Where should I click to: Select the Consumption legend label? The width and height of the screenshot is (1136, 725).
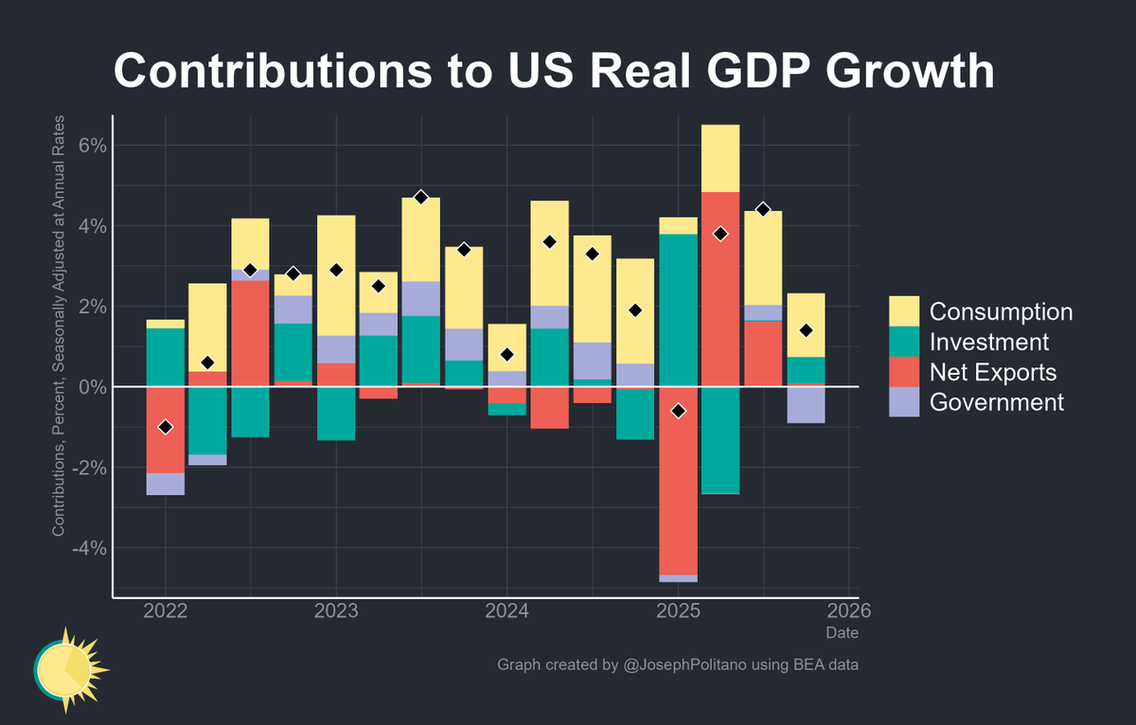point(1001,311)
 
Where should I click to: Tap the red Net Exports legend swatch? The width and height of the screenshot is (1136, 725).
point(904,372)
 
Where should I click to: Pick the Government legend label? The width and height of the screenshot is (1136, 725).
point(996,402)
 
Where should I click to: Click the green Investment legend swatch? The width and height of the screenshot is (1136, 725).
point(904,342)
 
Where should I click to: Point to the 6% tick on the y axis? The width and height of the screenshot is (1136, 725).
point(84,146)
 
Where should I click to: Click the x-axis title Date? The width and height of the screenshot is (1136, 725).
point(842,632)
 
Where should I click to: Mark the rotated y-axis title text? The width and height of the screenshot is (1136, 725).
point(59,327)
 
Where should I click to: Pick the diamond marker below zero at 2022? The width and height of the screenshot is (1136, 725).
point(166,427)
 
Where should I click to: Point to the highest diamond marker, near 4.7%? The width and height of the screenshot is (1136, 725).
point(421,197)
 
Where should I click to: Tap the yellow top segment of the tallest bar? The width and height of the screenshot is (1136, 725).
point(720,158)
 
